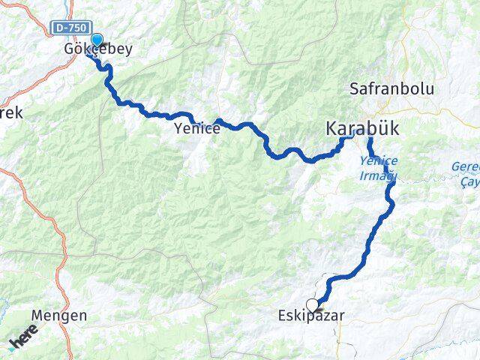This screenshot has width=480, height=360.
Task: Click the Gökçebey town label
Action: [97, 50]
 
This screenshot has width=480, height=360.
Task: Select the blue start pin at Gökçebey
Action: [97, 40]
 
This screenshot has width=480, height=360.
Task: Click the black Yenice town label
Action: [197, 129]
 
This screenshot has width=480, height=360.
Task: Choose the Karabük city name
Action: [362, 129]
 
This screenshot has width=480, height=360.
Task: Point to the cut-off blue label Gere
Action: [465, 166]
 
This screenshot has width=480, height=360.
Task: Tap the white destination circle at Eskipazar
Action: [312, 304]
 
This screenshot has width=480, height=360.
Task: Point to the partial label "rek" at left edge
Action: [10, 113]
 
